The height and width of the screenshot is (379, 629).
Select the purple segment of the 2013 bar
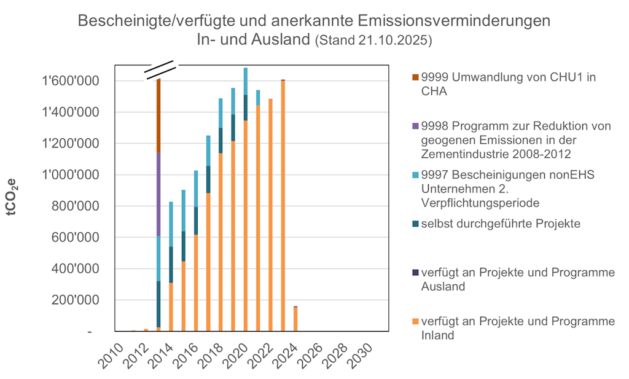(158, 194)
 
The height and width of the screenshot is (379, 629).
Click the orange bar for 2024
(295, 319)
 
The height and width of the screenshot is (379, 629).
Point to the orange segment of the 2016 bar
(196, 283)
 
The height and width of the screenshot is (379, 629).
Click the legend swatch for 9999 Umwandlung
(416, 77)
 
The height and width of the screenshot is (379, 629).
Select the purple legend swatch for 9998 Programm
(416, 126)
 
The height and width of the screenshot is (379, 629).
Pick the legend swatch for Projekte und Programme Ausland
(416, 272)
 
